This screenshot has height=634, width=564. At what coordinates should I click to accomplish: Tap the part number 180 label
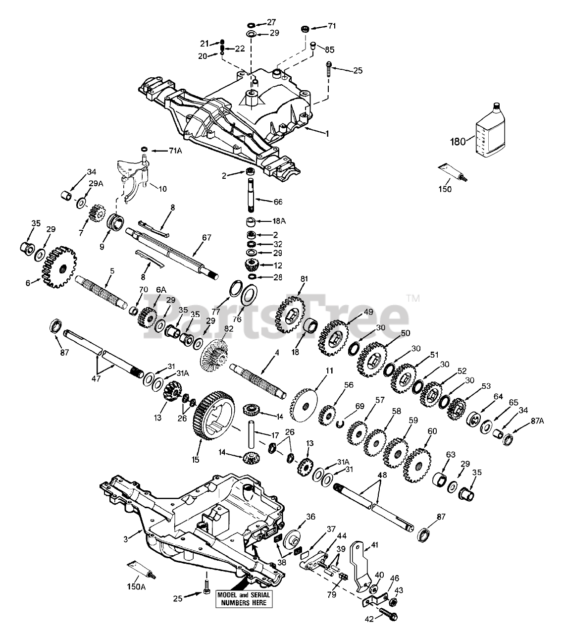point(458,142)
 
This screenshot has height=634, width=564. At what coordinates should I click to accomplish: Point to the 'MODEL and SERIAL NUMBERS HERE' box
point(241,598)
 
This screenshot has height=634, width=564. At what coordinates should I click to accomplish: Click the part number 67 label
point(206,238)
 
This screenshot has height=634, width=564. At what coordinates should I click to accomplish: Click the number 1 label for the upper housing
point(326,133)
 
